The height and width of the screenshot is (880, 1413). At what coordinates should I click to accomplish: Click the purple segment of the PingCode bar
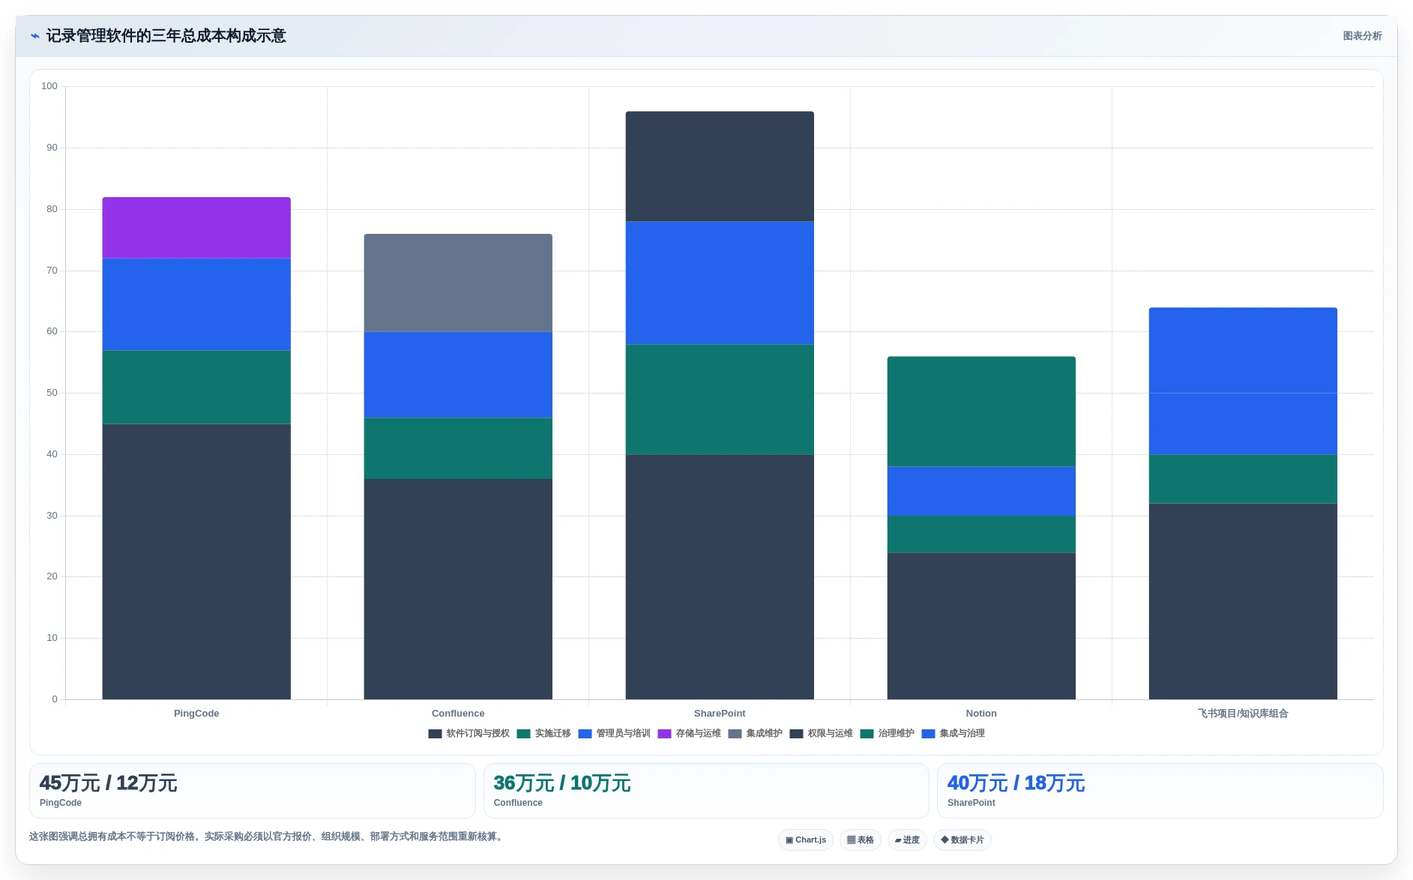tap(196, 228)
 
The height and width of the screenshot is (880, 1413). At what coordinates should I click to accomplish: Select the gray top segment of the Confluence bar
tap(458, 283)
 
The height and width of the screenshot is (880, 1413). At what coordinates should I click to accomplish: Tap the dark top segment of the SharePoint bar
tap(720, 166)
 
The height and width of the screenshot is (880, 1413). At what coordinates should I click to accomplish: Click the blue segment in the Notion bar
tap(981, 491)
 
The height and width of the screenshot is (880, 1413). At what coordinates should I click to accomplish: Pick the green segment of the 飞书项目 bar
tap(1243, 479)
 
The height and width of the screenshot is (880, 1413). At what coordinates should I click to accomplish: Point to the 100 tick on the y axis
tap(49, 86)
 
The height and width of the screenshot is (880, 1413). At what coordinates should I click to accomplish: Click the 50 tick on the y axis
tap(52, 393)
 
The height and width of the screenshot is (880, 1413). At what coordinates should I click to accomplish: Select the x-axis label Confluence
tap(458, 714)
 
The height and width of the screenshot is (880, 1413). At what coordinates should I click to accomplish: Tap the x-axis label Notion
tap(981, 714)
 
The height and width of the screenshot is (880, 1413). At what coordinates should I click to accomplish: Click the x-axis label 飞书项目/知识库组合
tap(1243, 714)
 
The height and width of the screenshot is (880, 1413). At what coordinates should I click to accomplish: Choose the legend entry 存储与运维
tap(690, 734)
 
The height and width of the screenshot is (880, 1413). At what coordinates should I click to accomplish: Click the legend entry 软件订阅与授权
tap(469, 734)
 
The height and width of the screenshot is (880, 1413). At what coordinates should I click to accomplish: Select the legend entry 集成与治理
tap(953, 734)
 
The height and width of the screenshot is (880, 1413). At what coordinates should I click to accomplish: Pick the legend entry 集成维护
tap(756, 734)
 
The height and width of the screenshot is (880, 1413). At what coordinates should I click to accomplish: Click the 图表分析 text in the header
tap(1362, 36)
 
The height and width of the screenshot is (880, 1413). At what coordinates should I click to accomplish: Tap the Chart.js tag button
tap(806, 840)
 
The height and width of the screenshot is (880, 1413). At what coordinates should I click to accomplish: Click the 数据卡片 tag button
tap(962, 840)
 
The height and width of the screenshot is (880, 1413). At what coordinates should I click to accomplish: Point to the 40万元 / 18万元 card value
tap(1016, 783)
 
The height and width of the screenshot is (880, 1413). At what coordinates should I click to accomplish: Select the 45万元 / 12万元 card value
tap(108, 783)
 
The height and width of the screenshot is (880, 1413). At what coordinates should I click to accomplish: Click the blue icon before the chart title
tap(34, 36)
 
